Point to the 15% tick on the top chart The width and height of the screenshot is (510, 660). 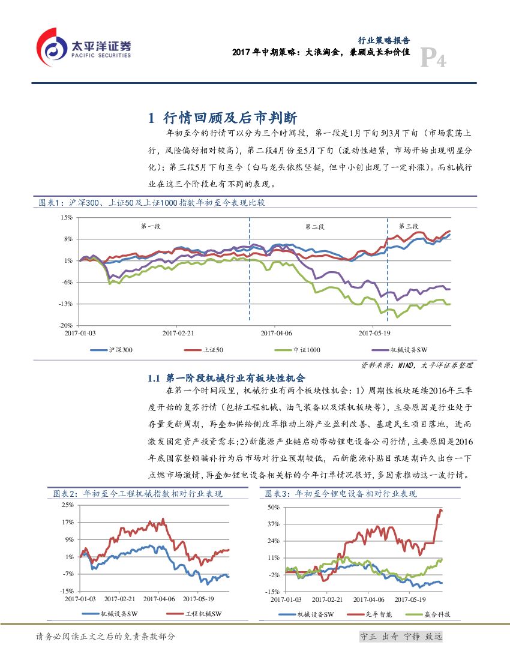(x=66, y=217)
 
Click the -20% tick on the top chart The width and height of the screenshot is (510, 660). (x=65, y=325)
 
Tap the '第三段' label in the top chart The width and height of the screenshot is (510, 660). (x=409, y=226)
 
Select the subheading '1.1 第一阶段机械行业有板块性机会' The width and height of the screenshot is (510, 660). (x=227, y=378)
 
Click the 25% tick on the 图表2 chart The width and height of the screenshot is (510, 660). (x=67, y=505)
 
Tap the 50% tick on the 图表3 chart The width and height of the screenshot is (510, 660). (x=273, y=507)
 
